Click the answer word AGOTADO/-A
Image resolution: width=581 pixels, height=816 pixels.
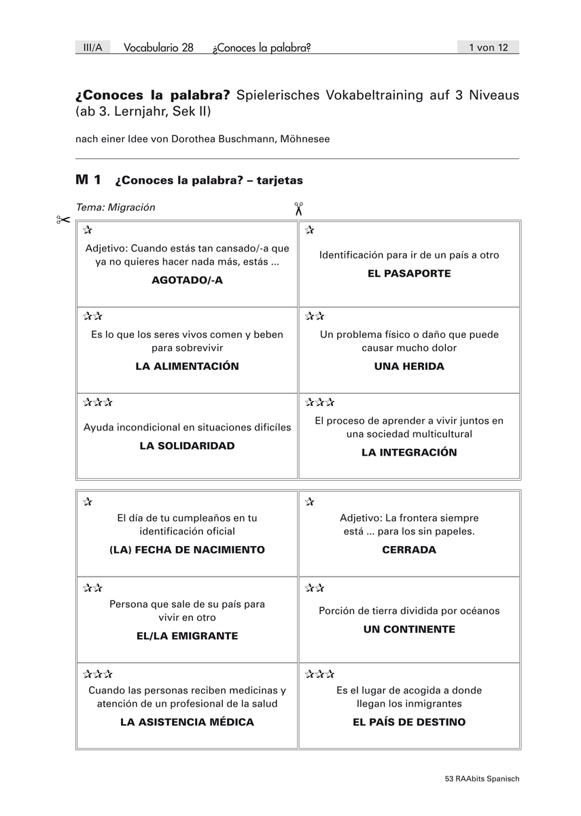[187, 280]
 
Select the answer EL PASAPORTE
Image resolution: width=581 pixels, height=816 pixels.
[409, 273]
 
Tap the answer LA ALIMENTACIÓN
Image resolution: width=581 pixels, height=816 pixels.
[187, 366]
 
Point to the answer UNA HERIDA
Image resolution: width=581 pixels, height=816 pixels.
[409, 366]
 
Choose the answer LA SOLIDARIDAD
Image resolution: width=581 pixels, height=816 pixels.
[187, 445]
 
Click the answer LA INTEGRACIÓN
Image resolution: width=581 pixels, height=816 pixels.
[409, 452]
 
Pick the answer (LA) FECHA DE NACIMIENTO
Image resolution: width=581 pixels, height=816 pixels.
[187, 549]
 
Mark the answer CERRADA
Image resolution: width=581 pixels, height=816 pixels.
[409, 549]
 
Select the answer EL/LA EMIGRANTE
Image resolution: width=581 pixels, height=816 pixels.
[187, 636]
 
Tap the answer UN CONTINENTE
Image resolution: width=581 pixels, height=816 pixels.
[409, 629]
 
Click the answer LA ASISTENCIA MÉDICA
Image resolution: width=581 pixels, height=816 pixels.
[187, 722]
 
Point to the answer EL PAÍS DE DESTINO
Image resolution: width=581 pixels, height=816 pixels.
[409, 722]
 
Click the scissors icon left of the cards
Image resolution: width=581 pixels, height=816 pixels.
[63, 220]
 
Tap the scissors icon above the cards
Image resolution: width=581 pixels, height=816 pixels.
[298, 208]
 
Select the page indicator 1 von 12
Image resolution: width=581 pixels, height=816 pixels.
[488, 48]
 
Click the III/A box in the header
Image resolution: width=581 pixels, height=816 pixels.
[92, 48]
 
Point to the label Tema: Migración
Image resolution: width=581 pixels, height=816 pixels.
[116, 207]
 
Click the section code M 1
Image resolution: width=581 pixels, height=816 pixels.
[88, 180]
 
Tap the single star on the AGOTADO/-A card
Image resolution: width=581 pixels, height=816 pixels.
[88, 231]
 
